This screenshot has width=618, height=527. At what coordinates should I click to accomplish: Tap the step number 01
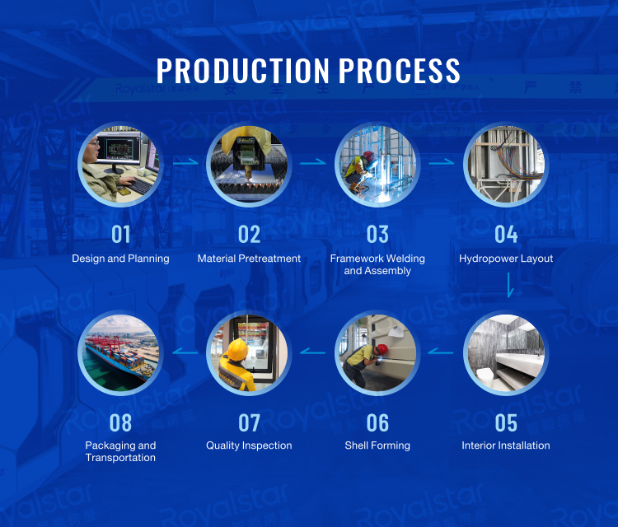pyautogui.click(x=121, y=235)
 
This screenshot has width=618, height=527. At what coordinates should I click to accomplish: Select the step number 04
pyautogui.click(x=506, y=235)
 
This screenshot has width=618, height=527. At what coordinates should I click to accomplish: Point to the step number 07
pyautogui.click(x=249, y=422)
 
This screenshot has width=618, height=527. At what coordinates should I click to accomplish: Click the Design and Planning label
pyautogui.click(x=120, y=259)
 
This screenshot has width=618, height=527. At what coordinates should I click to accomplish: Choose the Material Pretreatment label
pyautogui.click(x=249, y=259)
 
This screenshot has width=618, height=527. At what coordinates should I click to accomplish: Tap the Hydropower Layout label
pyautogui.click(x=506, y=259)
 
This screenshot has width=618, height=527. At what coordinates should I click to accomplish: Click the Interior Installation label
pyautogui.click(x=506, y=445)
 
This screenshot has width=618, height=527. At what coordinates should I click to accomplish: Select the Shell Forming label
pyautogui.click(x=377, y=445)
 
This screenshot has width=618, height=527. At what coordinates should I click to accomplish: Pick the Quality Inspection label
pyautogui.click(x=249, y=445)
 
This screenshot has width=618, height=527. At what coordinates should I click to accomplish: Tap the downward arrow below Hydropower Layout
pyautogui.click(x=510, y=286)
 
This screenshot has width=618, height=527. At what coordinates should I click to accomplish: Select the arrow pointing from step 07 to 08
pyautogui.click(x=185, y=352)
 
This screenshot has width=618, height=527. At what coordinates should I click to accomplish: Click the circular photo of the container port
pyautogui.click(x=120, y=352)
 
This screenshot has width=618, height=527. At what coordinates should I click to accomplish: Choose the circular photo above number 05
pyautogui.click(x=506, y=352)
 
